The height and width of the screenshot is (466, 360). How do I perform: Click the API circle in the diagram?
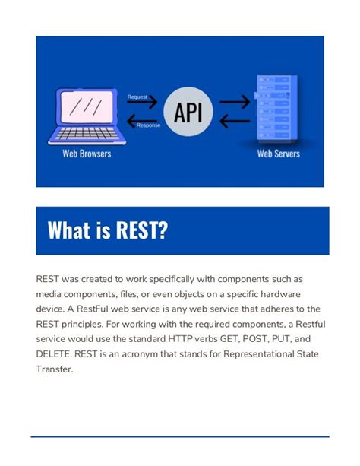click(188, 112)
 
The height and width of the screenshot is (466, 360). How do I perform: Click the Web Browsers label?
click(87, 154)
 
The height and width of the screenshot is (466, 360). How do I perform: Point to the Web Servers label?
click(278, 154)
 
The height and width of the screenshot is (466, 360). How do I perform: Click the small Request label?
click(137, 97)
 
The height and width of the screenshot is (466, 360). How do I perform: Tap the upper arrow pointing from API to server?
click(234, 102)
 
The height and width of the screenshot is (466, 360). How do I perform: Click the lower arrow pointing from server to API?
click(234, 119)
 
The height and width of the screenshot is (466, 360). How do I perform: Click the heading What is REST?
click(107, 230)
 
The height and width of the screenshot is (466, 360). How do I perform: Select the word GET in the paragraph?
click(235, 340)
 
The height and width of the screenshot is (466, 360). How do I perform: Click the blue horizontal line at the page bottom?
click(180, 436)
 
